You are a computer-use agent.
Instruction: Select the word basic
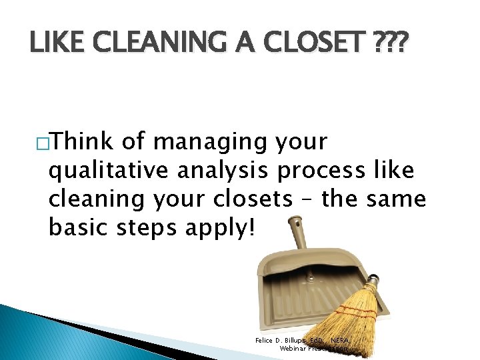pos(78,228)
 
